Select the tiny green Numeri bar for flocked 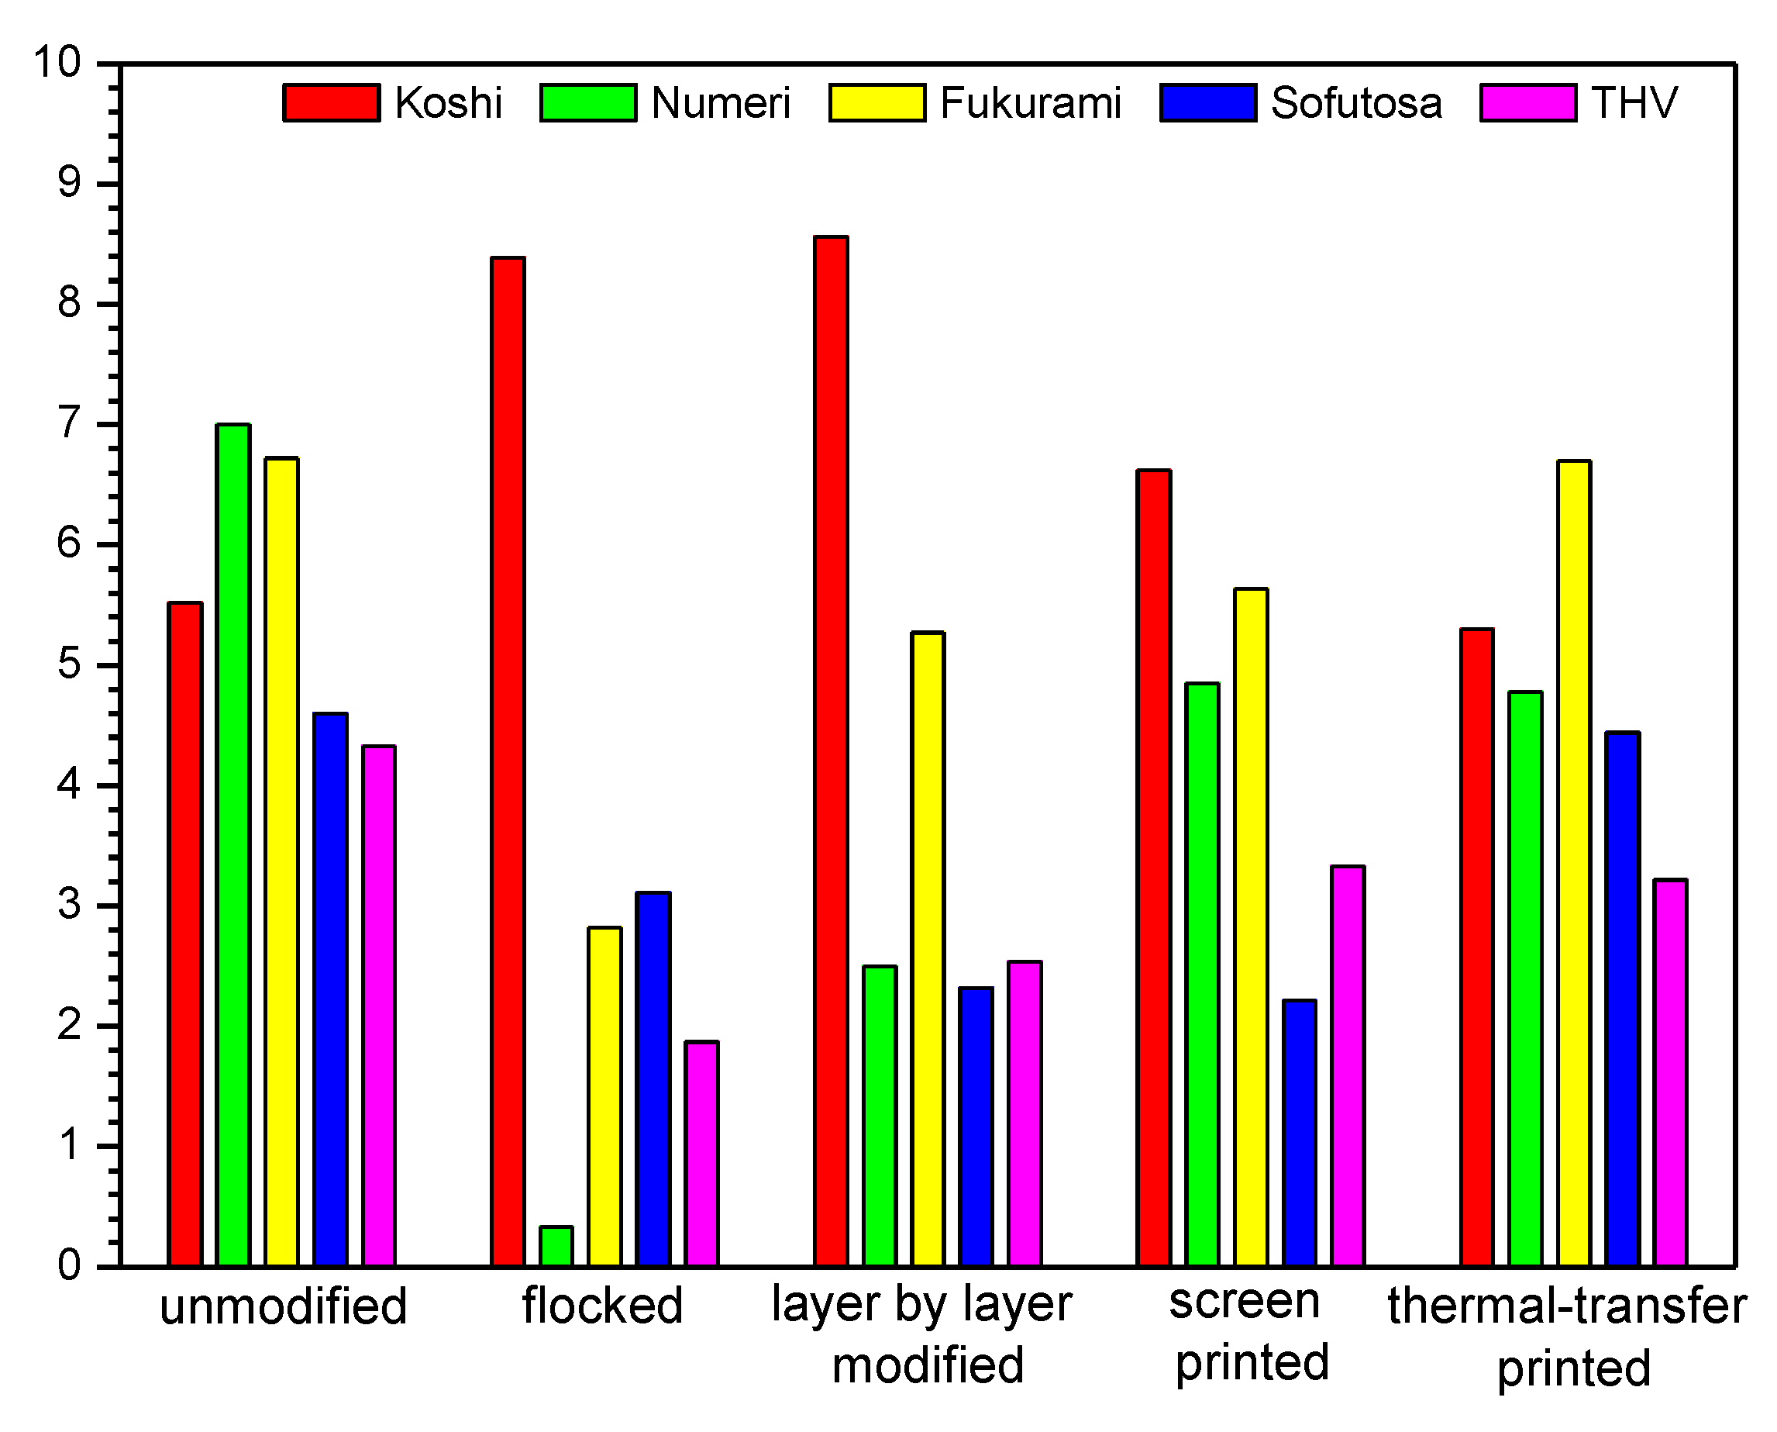point(556,1246)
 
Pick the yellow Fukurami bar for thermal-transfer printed point(1574,863)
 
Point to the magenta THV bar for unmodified point(379,1006)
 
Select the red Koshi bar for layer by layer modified point(832,751)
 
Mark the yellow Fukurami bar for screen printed point(1251,927)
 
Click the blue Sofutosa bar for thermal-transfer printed point(1623,998)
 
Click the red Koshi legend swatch point(332,103)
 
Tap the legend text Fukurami point(1030,104)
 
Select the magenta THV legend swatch point(1528,103)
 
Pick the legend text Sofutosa point(1355,104)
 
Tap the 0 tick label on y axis point(69,1265)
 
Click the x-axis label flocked point(603,1306)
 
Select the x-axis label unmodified point(283,1306)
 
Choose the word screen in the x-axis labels point(1245,1302)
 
